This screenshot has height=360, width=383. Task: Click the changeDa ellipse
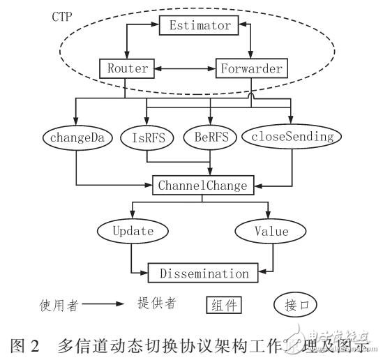(77, 137)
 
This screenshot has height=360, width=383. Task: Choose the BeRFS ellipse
(209, 137)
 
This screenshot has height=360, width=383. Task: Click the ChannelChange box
(202, 186)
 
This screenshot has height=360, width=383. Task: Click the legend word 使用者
(59, 305)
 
